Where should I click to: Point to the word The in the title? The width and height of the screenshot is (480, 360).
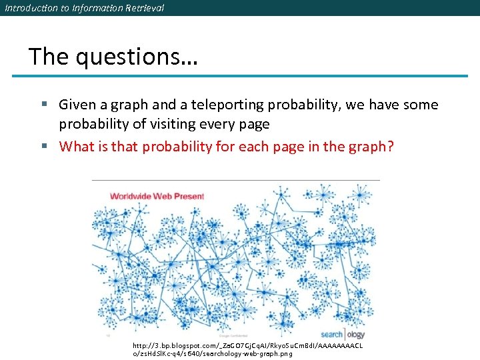[48, 56]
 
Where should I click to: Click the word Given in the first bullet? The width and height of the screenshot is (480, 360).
[76, 105]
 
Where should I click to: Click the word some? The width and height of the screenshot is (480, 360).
[421, 105]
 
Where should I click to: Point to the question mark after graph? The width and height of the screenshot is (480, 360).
[391, 146]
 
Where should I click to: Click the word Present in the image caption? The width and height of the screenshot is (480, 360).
[189, 196]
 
